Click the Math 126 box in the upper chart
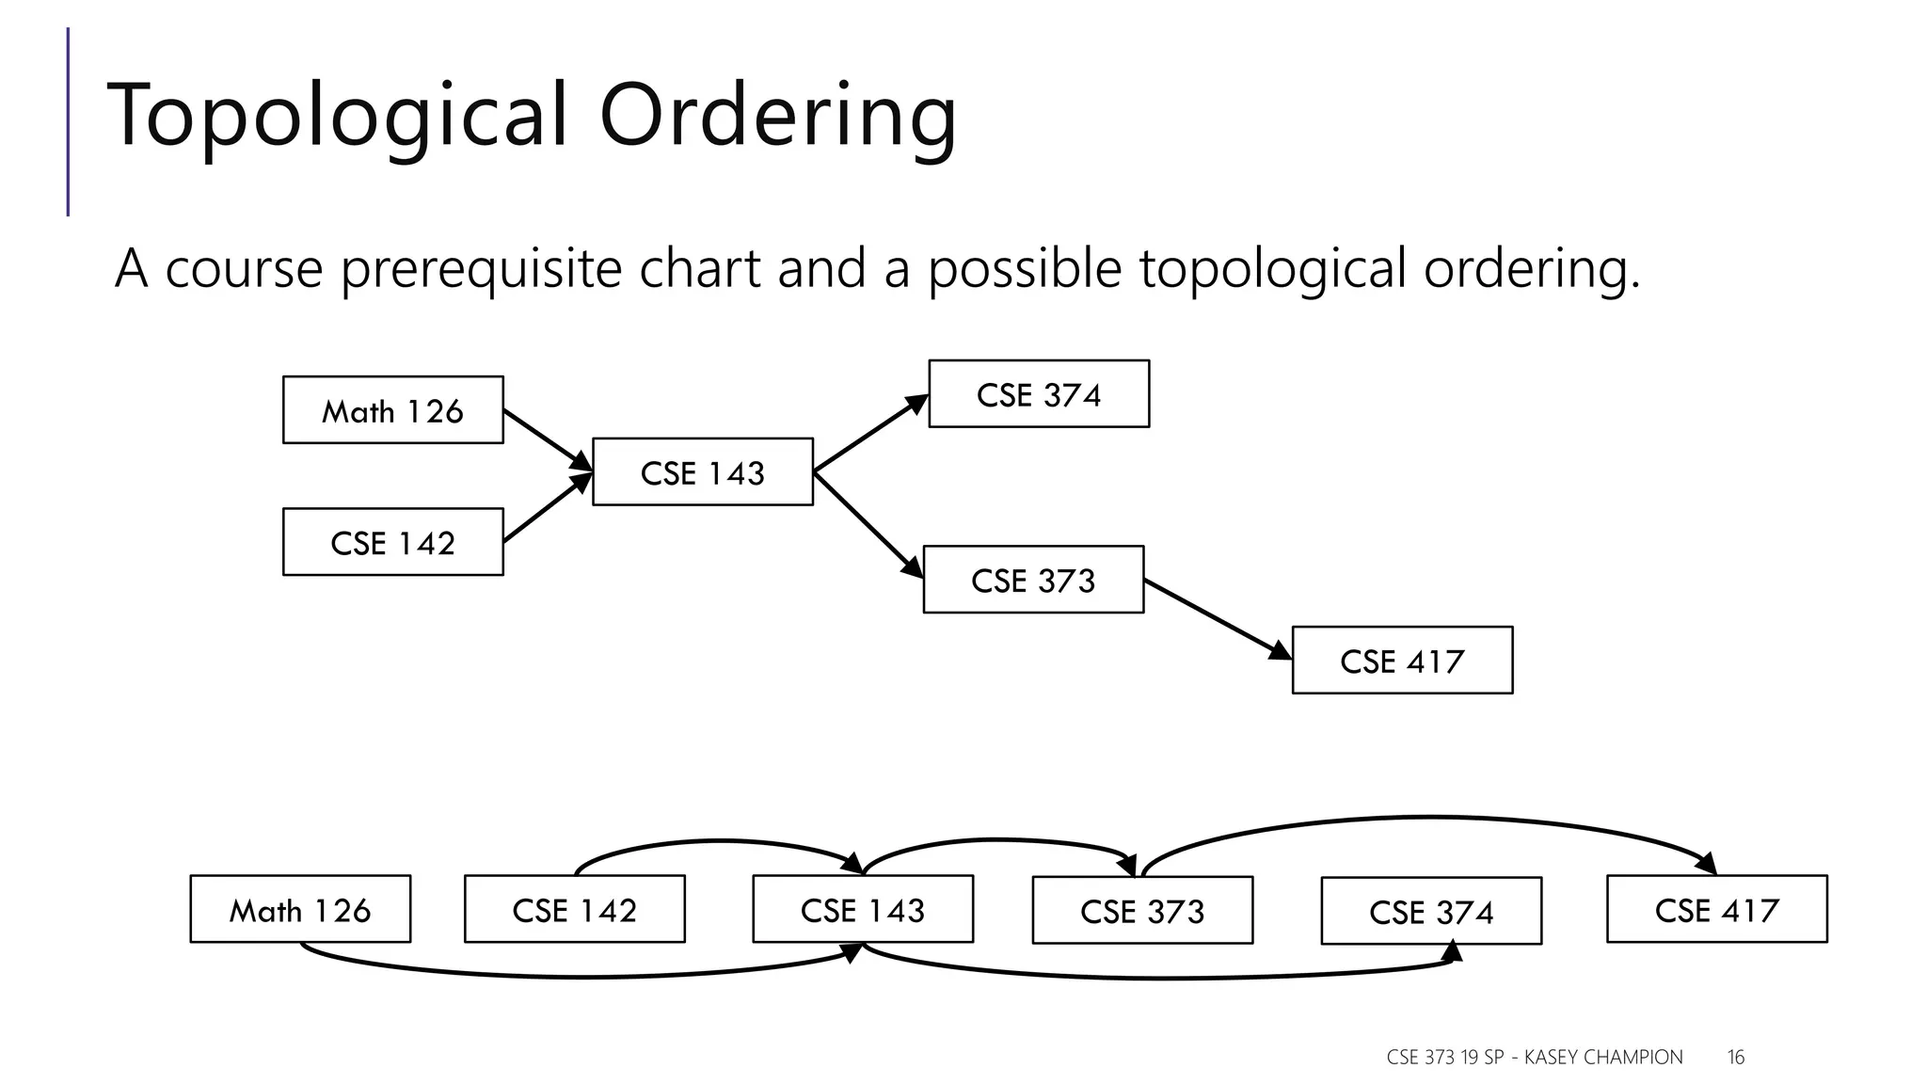[392, 410]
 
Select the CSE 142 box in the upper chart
[392, 542]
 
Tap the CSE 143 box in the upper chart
[702, 472]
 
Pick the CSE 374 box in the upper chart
[1038, 394]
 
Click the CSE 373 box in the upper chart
[1033, 580]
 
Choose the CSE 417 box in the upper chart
[1402, 661]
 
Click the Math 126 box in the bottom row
[300, 910]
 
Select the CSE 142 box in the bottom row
[574, 910]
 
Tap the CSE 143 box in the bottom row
[862, 910]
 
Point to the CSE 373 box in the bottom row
[1142, 911]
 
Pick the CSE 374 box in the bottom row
[1431, 912]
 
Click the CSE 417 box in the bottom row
[1716, 910]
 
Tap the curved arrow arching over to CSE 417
[1430, 818]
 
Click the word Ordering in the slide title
[777, 115]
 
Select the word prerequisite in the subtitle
[480, 268]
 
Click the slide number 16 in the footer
[1735, 1058]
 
